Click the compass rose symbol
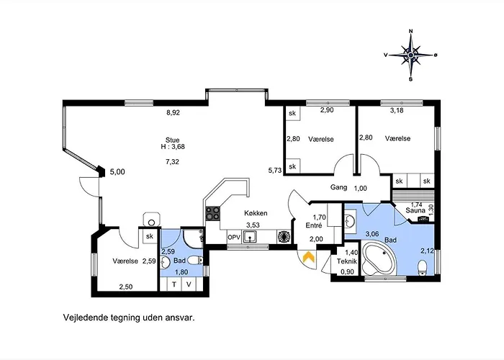(x=411, y=55)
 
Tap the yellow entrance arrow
(x=309, y=257)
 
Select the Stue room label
(x=172, y=140)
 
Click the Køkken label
(x=256, y=213)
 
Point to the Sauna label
(x=415, y=210)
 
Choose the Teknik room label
(x=347, y=261)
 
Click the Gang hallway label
(x=339, y=187)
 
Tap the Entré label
(x=314, y=225)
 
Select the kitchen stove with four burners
(x=213, y=213)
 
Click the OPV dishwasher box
(x=234, y=238)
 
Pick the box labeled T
(x=174, y=284)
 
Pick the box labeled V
(x=189, y=284)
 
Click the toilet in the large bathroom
(x=423, y=268)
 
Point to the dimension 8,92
(x=173, y=113)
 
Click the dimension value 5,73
(x=275, y=171)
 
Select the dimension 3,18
(x=397, y=111)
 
